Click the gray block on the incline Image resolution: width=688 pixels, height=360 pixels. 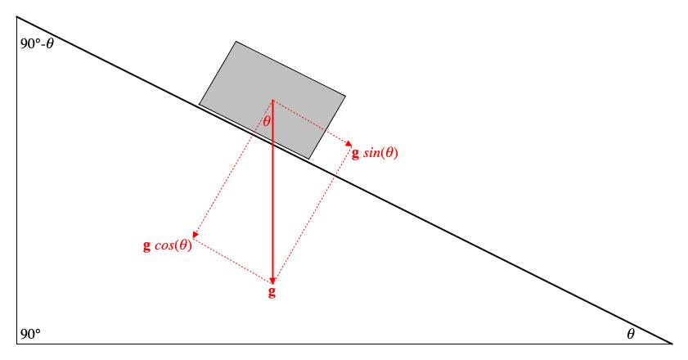272,100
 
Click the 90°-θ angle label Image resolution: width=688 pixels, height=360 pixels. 38,44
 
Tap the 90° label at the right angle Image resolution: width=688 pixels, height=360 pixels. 30,335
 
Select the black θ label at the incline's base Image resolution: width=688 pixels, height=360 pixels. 631,334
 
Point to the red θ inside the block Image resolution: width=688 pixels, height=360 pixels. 267,121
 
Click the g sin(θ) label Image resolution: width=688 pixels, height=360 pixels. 375,153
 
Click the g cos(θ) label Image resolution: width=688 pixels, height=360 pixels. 168,245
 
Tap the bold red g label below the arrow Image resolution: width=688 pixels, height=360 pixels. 272,292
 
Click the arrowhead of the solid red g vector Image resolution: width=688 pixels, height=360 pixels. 272,280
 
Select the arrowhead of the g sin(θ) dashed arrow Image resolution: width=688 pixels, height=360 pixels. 348,143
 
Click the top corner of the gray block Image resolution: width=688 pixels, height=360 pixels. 236,42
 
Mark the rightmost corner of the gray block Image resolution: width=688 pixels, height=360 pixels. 345,97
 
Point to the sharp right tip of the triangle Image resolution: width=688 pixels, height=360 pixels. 672,344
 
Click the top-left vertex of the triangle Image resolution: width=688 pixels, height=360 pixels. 16,16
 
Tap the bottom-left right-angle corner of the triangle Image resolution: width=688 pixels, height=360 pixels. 16,344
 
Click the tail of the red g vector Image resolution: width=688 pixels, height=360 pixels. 272,100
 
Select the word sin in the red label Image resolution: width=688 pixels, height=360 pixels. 371,153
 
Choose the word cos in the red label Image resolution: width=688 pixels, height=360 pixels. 164,245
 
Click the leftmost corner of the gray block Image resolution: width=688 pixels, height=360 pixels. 200,105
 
